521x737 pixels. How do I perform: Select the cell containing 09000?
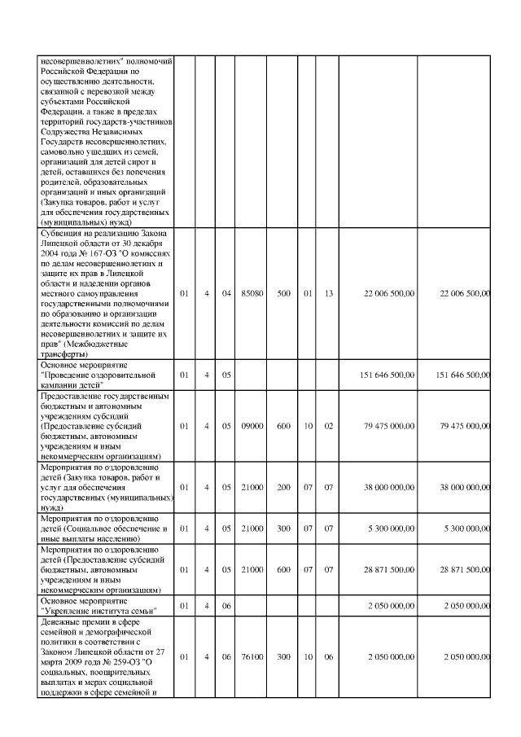252,426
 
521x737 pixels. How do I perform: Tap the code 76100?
252,655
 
